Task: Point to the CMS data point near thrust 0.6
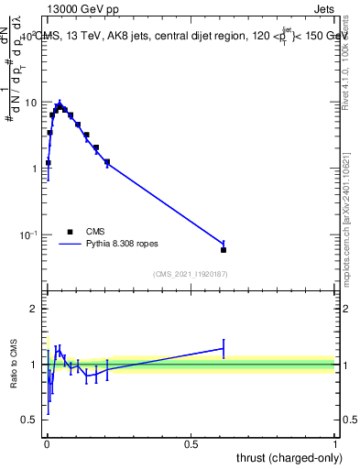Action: point(224,249)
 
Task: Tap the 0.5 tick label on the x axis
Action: point(191,443)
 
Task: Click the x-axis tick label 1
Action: point(335,443)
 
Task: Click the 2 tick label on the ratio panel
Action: point(35,309)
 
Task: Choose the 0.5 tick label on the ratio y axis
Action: point(30,420)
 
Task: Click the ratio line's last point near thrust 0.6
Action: point(224,348)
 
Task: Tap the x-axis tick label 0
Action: point(47,443)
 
